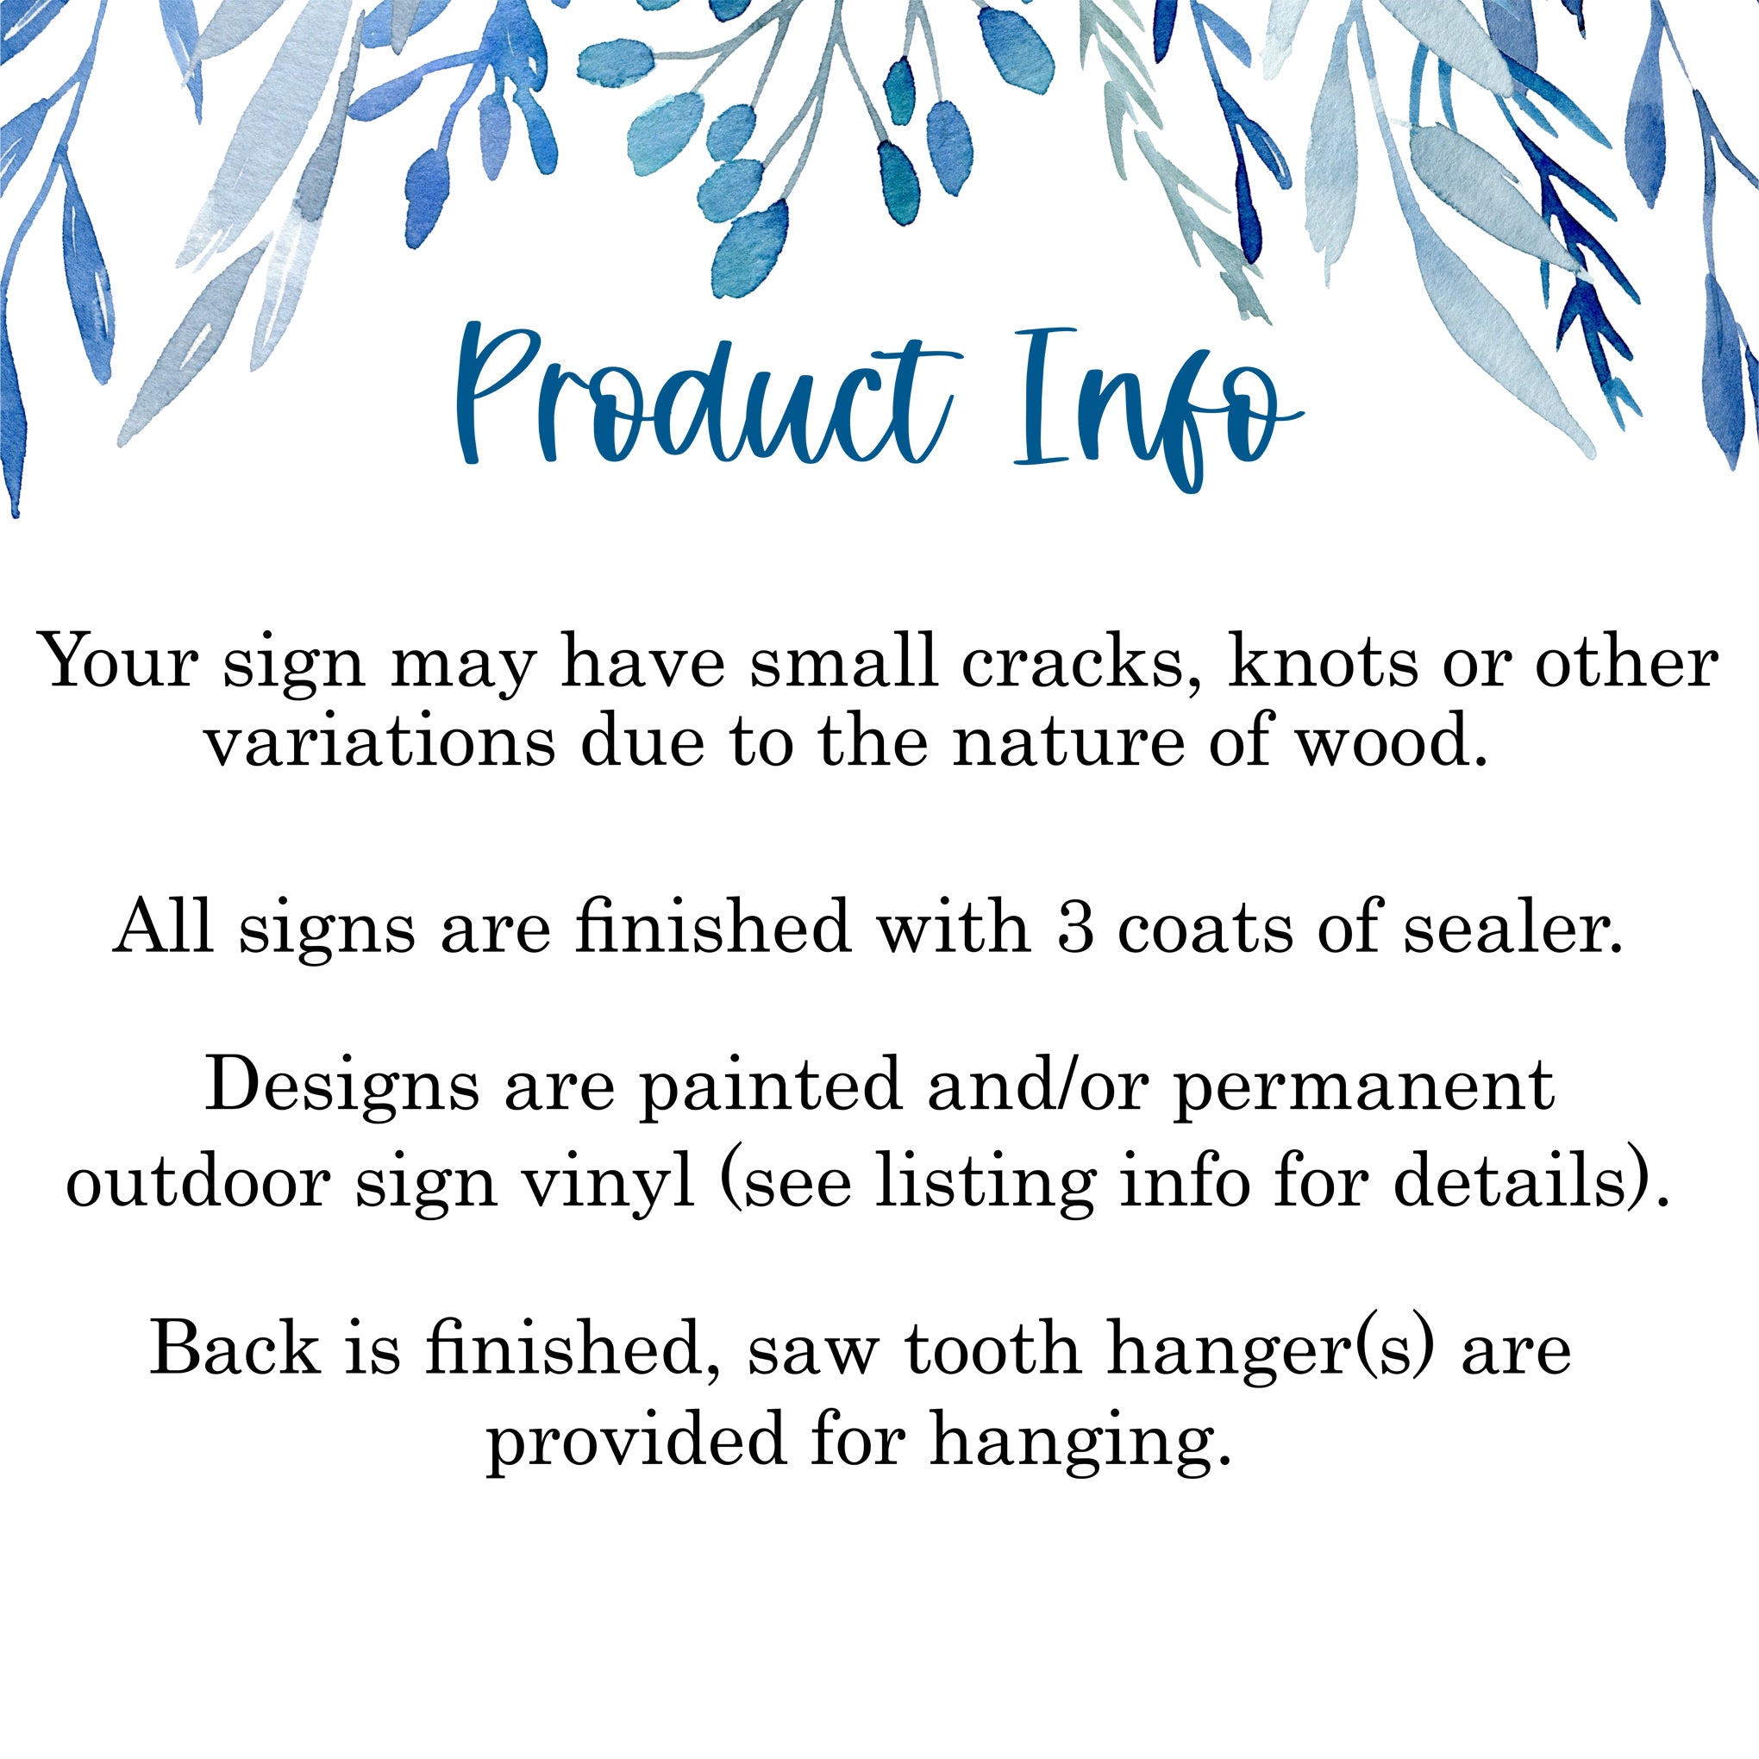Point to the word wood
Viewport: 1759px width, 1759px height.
coord(1392,742)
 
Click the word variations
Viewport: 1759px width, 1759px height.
coord(380,742)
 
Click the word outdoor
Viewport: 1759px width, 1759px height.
coord(197,1184)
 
